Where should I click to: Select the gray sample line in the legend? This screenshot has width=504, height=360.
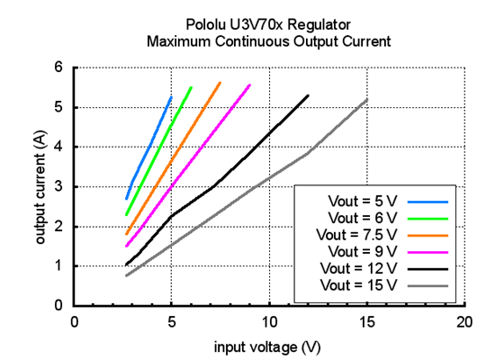[431, 285]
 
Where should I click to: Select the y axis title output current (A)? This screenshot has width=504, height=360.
[40, 187]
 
